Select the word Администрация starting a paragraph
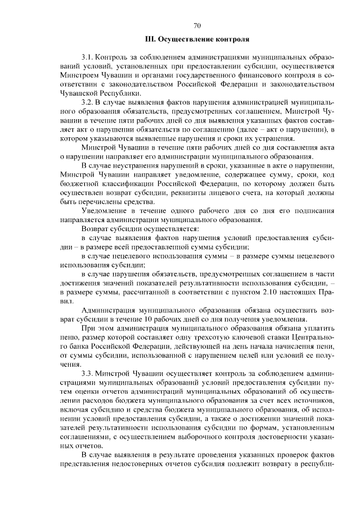coord(111,311)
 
